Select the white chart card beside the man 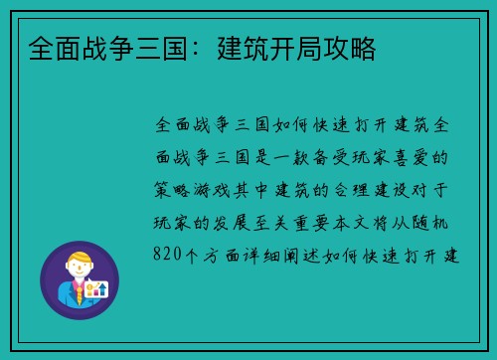click(97, 290)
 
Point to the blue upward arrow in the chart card click(102, 290)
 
